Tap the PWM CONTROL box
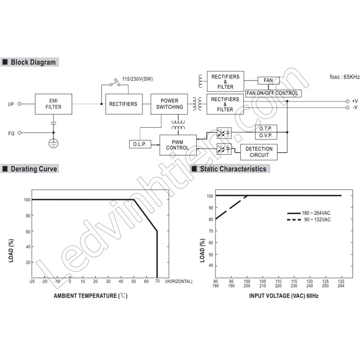coord(177,144)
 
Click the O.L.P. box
coord(139,144)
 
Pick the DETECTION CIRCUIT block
coord(259,152)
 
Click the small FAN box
coord(268,81)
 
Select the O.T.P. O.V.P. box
coord(266,132)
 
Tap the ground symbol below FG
coord(54,144)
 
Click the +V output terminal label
coord(355,101)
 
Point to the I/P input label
coord(11,104)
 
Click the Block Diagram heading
coord(33,62)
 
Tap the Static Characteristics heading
coord(233,169)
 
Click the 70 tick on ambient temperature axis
coord(157,281)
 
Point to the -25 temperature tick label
coord(31,281)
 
